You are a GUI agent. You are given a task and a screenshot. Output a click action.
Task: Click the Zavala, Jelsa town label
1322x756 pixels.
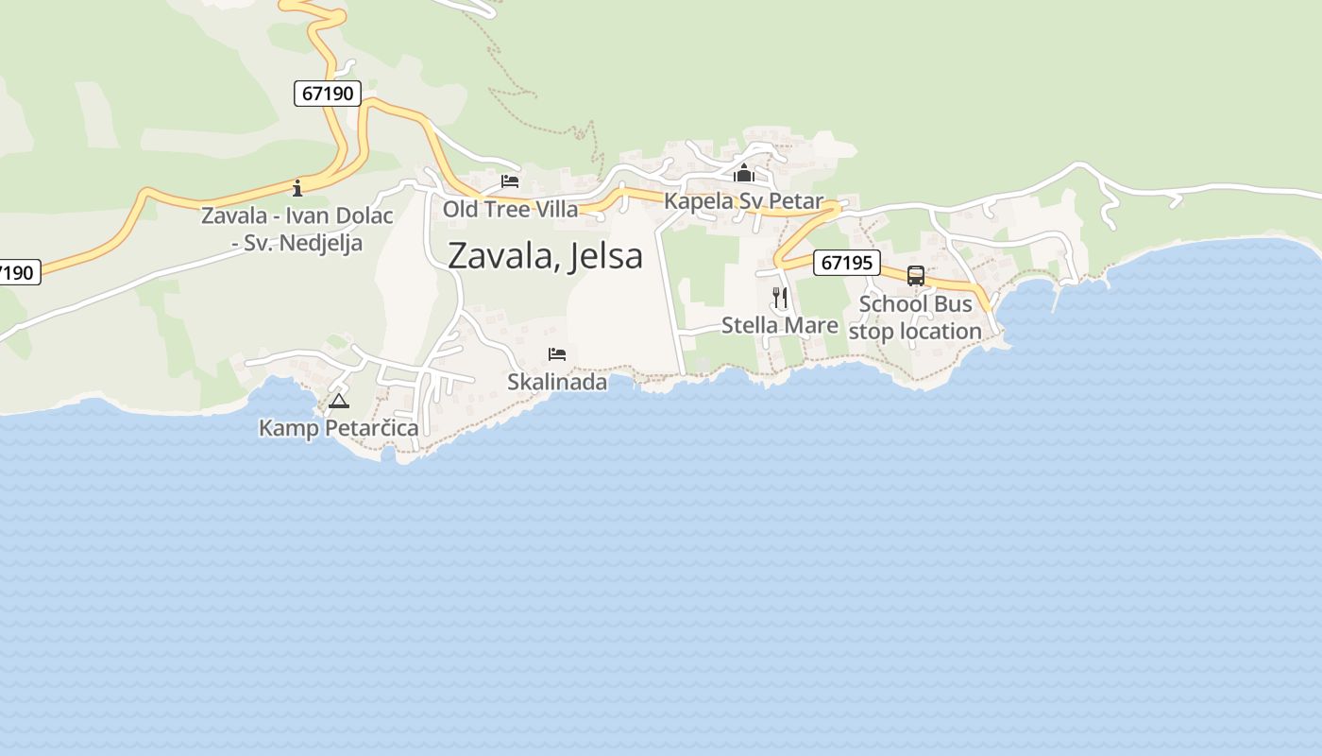(x=545, y=256)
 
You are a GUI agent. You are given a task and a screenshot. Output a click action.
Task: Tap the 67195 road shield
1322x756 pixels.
(x=846, y=262)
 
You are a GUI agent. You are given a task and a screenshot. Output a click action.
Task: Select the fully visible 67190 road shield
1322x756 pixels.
(x=327, y=94)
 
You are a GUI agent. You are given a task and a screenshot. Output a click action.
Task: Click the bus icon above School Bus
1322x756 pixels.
(x=915, y=276)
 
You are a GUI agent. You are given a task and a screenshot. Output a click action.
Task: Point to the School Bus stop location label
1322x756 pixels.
(x=915, y=318)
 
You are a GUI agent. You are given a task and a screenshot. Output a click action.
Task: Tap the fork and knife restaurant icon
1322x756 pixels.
(x=779, y=297)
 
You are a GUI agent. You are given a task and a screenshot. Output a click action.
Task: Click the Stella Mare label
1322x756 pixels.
(x=779, y=325)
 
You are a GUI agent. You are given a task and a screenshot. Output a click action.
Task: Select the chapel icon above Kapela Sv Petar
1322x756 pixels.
(x=743, y=174)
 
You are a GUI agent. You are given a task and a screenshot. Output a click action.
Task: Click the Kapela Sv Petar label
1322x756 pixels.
(x=743, y=201)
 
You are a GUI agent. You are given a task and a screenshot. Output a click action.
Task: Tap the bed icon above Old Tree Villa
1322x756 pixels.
(x=510, y=181)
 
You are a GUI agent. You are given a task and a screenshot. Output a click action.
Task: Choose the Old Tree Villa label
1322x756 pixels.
(x=510, y=209)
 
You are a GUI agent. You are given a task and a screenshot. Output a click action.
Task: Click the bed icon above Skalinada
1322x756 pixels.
(x=557, y=354)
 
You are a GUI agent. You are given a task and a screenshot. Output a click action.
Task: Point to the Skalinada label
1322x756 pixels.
(x=557, y=382)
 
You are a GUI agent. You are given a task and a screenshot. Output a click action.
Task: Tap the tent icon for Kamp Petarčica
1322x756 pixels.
(x=338, y=402)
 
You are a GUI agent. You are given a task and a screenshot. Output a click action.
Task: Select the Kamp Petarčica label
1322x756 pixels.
(x=338, y=428)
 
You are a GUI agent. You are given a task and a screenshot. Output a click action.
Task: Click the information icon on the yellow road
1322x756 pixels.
(x=297, y=187)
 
